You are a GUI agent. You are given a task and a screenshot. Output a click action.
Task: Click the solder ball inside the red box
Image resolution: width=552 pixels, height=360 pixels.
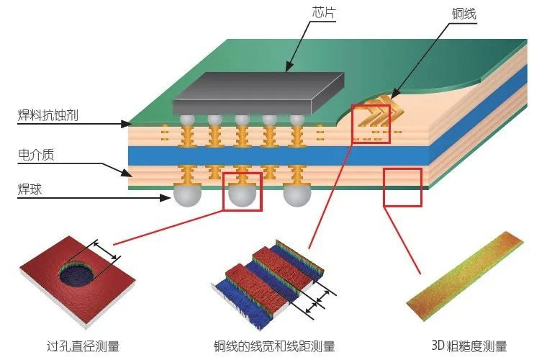243,196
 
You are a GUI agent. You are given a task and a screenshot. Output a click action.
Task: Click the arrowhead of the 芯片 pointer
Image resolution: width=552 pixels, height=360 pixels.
287,71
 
